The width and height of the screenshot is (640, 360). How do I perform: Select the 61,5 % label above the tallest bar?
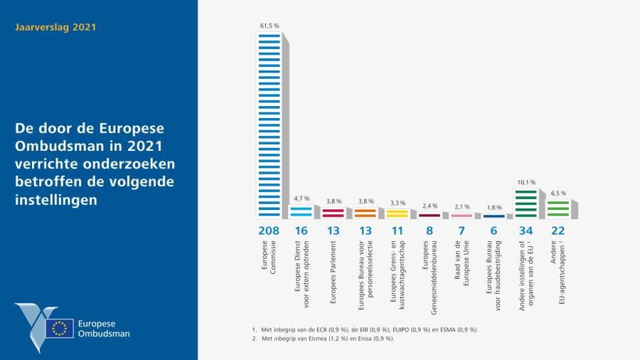[x=268, y=26]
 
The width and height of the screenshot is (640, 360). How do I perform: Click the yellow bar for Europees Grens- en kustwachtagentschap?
[x=397, y=212]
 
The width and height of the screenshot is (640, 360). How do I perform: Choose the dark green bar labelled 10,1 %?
[x=526, y=203]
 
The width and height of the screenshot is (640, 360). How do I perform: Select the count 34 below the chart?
[x=526, y=231]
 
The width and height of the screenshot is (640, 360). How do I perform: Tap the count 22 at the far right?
[x=558, y=231]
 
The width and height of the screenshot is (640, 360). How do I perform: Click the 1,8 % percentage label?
[x=494, y=208]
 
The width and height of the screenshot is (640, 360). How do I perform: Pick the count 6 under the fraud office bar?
[x=494, y=231]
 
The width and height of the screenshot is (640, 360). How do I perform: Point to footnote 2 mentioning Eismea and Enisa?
[x=326, y=339]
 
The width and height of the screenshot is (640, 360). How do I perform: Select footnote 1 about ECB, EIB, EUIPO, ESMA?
[x=366, y=329]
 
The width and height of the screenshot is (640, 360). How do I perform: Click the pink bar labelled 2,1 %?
[x=462, y=215]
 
